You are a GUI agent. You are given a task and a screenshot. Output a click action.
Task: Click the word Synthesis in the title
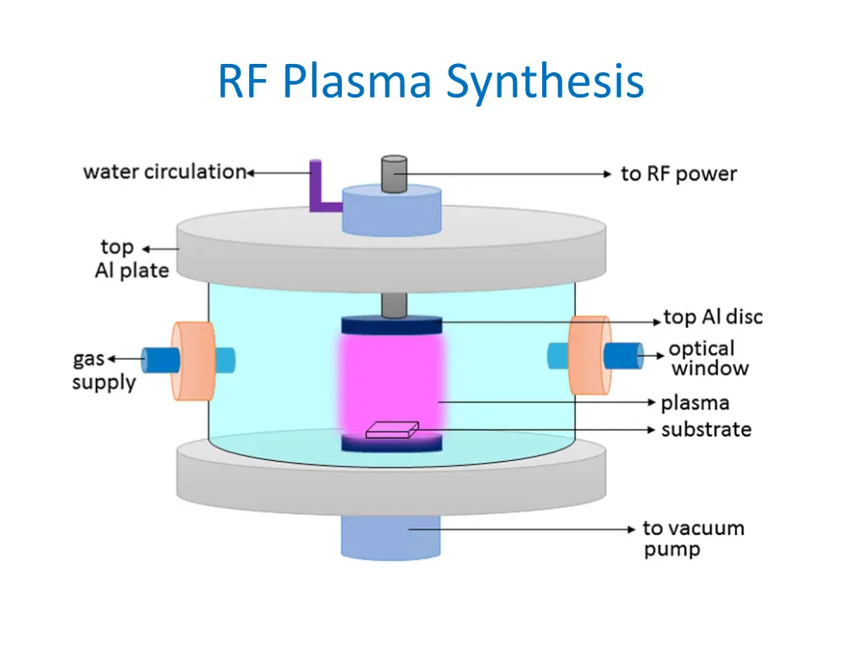[x=545, y=82]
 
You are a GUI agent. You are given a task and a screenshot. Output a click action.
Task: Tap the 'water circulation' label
[x=163, y=172]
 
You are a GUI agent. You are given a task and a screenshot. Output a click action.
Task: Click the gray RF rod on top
[x=394, y=174]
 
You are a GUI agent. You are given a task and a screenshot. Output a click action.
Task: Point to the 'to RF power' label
[x=678, y=174]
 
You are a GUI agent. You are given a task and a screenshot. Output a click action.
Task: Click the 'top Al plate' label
[x=131, y=259]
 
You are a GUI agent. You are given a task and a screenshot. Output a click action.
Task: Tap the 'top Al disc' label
[x=713, y=317]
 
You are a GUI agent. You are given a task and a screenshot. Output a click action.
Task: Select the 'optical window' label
[x=707, y=358]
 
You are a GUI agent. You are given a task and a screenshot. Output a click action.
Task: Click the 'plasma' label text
[x=695, y=404]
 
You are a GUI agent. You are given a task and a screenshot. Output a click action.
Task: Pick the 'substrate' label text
[x=705, y=430]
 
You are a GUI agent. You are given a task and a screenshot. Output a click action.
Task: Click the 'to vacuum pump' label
[x=692, y=539]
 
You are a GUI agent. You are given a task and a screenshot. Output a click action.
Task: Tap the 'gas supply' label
[x=103, y=370]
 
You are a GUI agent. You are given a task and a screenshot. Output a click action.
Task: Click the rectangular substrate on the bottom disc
[x=391, y=430]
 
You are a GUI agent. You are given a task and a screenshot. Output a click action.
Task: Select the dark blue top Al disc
[x=391, y=326]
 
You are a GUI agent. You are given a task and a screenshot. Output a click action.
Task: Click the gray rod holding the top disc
[x=392, y=304]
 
